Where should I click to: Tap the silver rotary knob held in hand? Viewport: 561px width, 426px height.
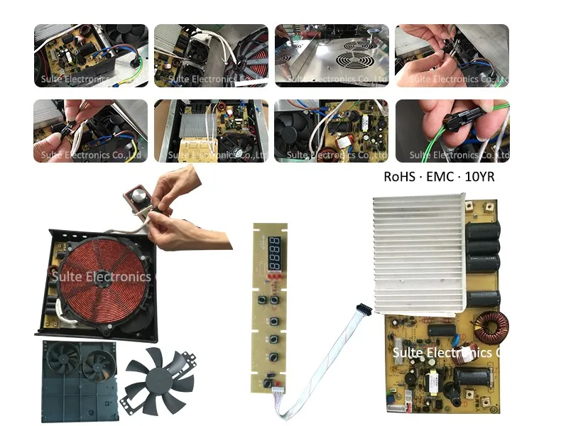tap(136, 197)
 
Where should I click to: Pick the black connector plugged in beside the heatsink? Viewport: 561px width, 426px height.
tap(364, 311)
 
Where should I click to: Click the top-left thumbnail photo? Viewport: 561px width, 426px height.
tap(91, 55)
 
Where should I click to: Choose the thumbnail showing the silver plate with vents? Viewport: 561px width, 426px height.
tap(332, 55)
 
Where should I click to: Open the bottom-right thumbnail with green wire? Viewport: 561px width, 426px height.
tap(452, 131)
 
